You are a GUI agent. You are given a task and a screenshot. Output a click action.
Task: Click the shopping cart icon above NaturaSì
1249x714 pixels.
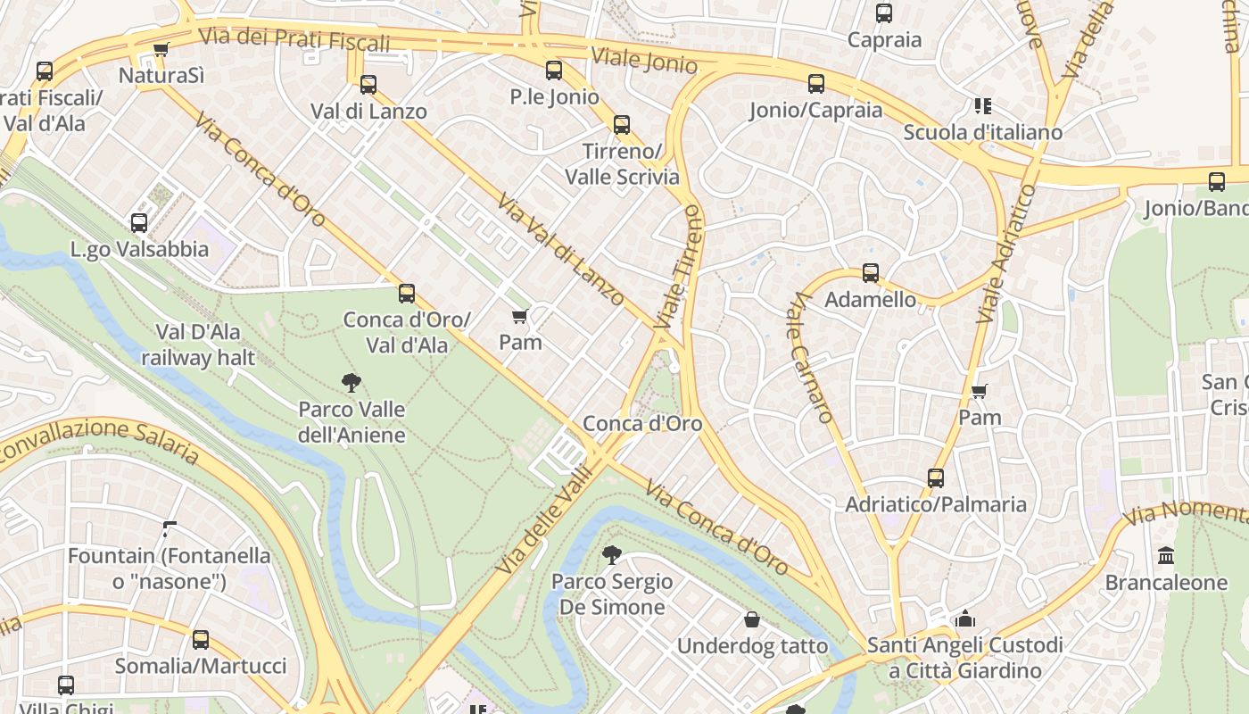click(161, 50)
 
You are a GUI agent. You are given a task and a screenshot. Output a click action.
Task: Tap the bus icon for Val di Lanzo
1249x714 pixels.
click(368, 85)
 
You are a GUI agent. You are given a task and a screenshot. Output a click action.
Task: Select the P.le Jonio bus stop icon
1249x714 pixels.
click(554, 71)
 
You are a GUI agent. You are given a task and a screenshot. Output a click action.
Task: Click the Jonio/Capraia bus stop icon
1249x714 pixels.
click(816, 84)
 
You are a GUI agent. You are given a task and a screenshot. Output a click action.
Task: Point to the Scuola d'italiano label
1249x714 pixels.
click(982, 132)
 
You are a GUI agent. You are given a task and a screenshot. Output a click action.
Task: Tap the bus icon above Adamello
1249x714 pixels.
click(871, 273)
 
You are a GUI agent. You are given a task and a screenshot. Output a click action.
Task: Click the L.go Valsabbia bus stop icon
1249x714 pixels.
click(139, 223)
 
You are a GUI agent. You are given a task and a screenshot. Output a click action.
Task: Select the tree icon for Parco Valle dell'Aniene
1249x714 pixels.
click(352, 383)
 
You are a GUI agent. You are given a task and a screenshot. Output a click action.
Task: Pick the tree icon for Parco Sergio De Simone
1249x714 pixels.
click(612, 555)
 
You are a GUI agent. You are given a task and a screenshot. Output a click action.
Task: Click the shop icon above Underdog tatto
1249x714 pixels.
click(752, 619)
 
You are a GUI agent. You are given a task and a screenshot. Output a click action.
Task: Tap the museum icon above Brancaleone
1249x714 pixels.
click(1166, 556)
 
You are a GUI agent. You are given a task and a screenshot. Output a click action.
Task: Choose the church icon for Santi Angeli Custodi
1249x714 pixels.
click(964, 619)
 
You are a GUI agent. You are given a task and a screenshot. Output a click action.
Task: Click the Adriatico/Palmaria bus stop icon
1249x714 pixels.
click(935, 478)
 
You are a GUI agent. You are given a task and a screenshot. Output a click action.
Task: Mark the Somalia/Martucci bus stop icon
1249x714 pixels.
click(201, 640)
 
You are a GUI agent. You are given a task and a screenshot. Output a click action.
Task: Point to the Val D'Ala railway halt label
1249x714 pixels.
click(198, 345)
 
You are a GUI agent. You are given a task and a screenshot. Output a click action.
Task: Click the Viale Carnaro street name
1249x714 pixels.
click(810, 357)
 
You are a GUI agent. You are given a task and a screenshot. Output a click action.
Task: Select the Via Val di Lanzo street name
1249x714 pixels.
click(561, 250)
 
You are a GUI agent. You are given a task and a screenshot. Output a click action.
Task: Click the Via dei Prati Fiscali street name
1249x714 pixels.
click(294, 39)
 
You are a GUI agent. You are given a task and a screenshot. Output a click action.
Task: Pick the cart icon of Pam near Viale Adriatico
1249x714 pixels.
click(980, 391)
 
